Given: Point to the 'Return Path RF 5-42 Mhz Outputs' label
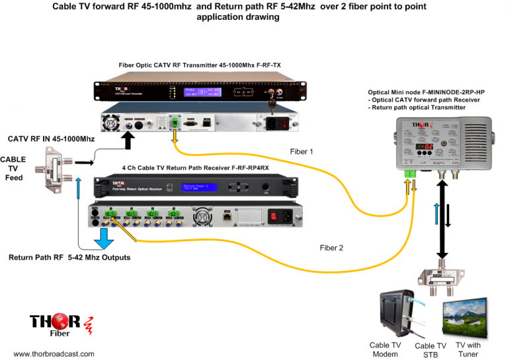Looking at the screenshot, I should pos(70,257).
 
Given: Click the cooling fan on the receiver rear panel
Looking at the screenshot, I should pos(202,215).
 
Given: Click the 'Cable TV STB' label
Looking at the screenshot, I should pos(430,350).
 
